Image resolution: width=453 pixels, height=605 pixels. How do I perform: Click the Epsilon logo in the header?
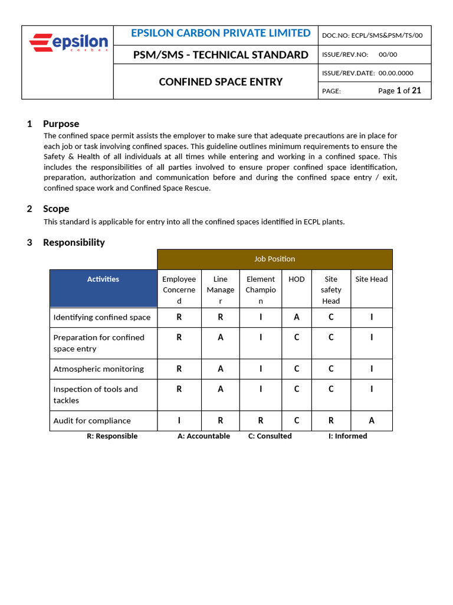point(68,43)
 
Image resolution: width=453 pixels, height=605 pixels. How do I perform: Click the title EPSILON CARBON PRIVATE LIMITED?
point(221,33)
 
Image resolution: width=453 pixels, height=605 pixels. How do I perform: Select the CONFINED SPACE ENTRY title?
point(221,82)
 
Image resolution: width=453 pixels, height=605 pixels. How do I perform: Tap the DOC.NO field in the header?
point(372,35)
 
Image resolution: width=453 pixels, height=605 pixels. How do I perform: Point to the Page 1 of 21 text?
point(399,90)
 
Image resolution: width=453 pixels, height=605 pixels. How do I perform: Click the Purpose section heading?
point(61,123)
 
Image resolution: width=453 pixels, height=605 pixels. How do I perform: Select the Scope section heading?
point(56,209)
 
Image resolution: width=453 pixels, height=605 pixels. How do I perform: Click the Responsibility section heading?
point(74,242)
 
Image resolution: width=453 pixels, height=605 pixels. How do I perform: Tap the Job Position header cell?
point(274,259)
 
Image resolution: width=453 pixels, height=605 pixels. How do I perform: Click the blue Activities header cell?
point(103,279)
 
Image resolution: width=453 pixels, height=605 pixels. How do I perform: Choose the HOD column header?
point(297,279)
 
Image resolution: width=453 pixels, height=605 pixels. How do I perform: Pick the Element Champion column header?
point(261,290)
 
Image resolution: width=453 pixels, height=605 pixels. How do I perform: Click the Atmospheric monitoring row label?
point(99,369)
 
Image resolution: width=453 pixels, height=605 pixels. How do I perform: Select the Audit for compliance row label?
point(92,421)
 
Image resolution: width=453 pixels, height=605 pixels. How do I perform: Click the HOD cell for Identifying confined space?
point(297,317)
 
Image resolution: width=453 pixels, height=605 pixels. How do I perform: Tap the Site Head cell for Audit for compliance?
point(372,421)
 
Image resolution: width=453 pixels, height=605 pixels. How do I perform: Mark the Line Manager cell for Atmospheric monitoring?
point(221,369)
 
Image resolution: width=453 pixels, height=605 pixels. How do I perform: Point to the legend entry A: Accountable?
point(203,436)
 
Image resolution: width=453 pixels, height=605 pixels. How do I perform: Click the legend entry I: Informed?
point(347,436)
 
